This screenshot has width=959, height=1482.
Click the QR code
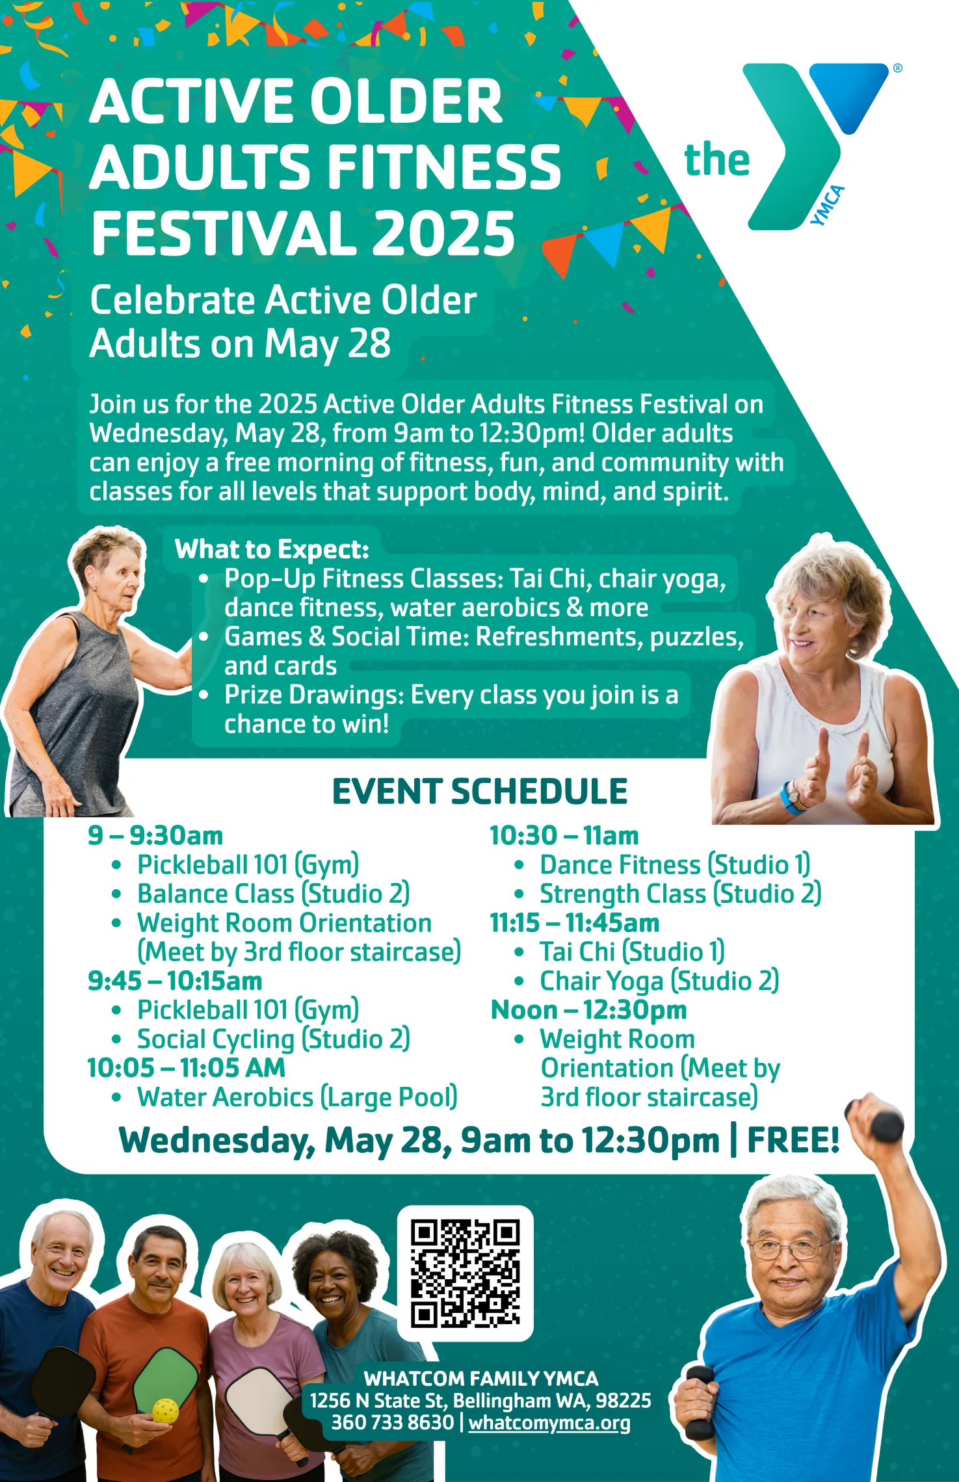tap(465, 1273)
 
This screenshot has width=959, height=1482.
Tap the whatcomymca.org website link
tap(549, 1423)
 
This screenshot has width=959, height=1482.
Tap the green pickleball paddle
tap(166, 1375)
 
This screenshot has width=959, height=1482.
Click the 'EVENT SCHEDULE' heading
tap(480, 791)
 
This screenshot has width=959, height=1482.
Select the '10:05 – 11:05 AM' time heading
tap(187, 1068)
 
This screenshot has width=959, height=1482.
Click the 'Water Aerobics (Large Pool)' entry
tap(297, 1097)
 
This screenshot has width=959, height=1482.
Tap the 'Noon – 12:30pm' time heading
tap(588, 1010)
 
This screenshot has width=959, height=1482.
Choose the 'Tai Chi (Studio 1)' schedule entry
tap(631, 952)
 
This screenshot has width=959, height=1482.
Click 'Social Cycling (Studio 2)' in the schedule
tap(273, 1039)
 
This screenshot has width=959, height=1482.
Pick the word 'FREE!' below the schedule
tap(793, 1140)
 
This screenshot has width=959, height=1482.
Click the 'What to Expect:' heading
tap(272, 549)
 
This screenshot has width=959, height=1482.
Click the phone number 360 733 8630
tap(392, 1422)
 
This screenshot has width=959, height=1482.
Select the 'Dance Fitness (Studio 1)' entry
tap(674, 865)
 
